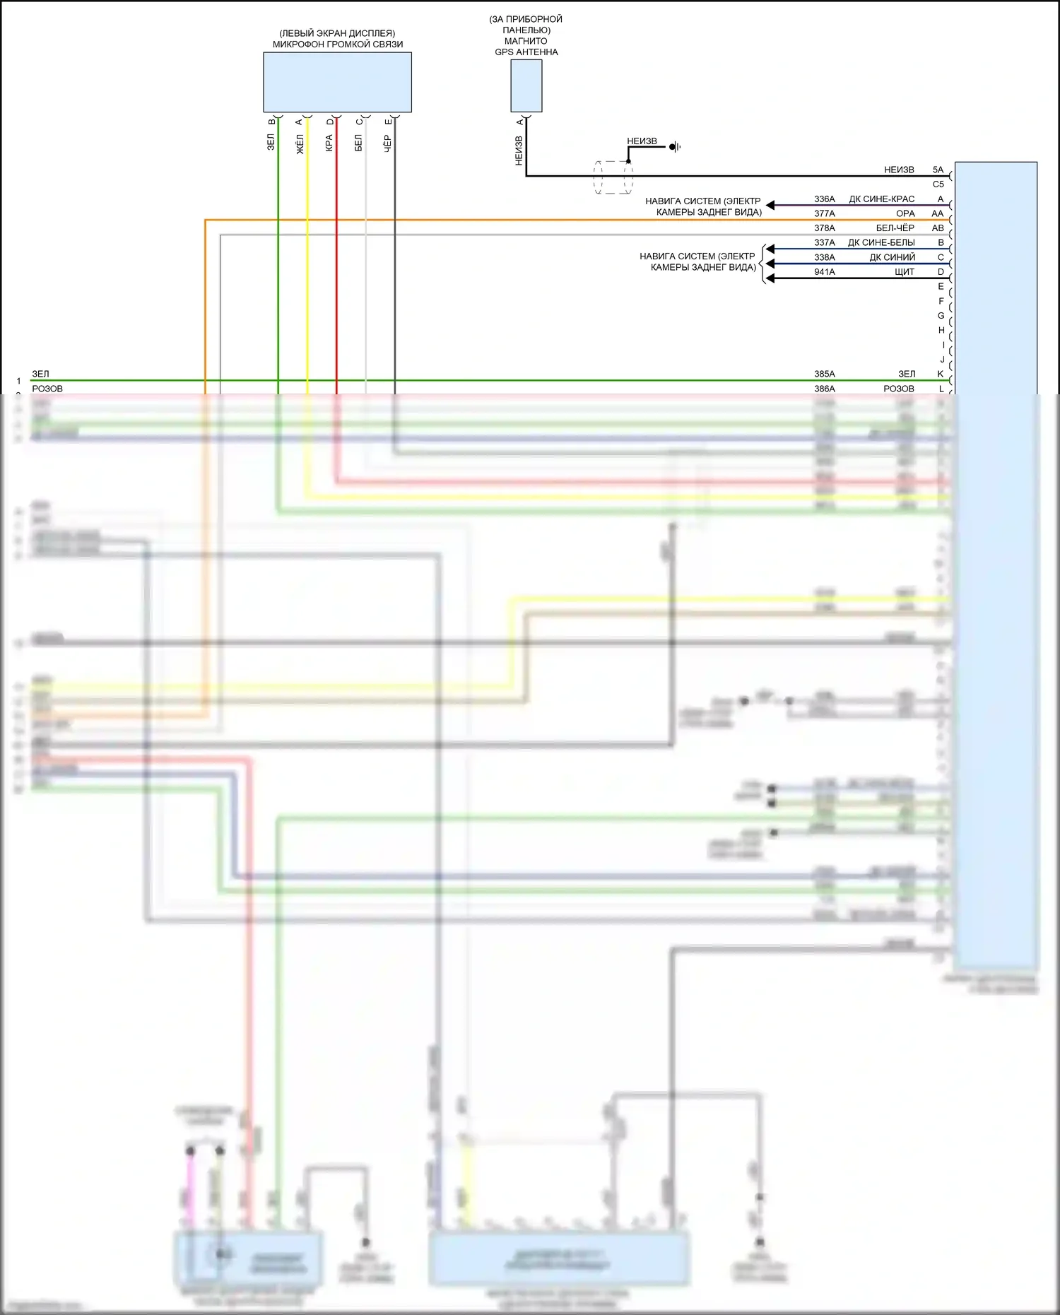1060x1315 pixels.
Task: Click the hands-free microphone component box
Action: (337, 82)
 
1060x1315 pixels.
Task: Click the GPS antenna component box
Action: (526, 85)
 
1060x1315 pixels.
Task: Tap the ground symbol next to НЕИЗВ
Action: (676, 147)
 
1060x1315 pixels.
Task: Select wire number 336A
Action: (824, 199)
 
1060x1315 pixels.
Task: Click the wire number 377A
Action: (824, 213)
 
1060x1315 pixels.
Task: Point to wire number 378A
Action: (824, 228)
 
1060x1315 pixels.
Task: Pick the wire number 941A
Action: (824, 272)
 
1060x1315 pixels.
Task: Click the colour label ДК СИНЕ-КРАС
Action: (881, 199)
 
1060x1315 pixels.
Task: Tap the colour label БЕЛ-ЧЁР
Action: (895, 228)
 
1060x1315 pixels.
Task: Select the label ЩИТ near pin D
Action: (904, 272)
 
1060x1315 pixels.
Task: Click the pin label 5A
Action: (938, 170)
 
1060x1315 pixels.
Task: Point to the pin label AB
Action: (938, 228)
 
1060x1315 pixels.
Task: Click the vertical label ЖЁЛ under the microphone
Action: (300, 143)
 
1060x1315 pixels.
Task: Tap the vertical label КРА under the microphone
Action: (329, 143)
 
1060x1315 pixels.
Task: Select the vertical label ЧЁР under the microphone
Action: (387, 143)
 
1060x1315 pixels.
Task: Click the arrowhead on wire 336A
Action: (771, 206)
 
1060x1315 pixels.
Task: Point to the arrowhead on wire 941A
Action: (771, 278)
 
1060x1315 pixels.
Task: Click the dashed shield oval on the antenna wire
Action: (613, 177)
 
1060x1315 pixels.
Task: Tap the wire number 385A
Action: (824, 374)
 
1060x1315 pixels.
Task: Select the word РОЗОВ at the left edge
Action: (47, 389)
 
